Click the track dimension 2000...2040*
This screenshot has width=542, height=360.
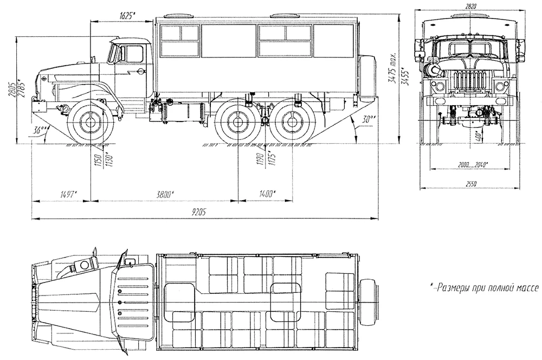(471, 164)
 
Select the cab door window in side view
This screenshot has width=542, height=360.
(133, 55)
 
